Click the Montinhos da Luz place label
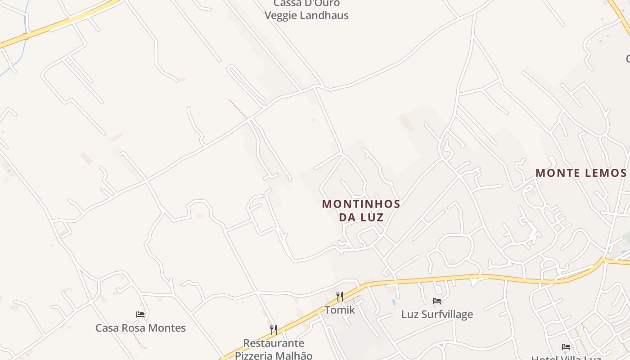[x=361, y=211]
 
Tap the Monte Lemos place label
[x=581, y=173]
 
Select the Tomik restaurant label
[x=340, y=310]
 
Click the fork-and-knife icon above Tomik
[x=340, y=296]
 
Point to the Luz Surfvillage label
[x=437, y=314]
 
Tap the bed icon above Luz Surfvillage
[x=437, y=301]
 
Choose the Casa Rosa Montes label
[x=140, y=328]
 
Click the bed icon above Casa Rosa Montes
[x=140, y=314]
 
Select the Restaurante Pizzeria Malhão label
[x=273, y=349]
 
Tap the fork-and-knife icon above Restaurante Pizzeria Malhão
[x=273, y=329]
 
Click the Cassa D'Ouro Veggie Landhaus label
[x=306, y=10]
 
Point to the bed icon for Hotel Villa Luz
[x=566, y=347]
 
